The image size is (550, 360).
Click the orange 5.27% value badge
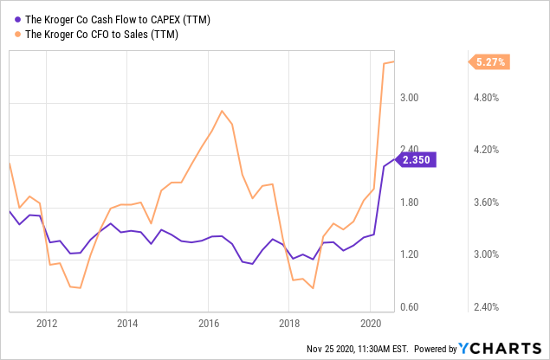point(489,61)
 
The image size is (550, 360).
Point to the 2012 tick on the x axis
point(47,324)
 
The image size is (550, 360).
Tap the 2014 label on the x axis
point(127,324)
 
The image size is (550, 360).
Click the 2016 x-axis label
point(208,324)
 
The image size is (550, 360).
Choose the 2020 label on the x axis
point(370,324)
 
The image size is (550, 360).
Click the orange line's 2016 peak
point(223,111)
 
